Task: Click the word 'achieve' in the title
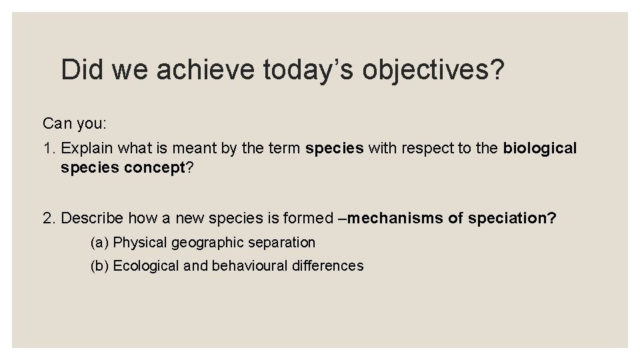(204, 69)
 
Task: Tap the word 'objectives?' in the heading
(433, 69)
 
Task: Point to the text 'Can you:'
(70, 123)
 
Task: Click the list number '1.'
(49, 149)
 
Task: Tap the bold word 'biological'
(540, 149)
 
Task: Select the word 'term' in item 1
(285, 149)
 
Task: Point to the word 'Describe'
(92, 218)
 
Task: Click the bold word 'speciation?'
(512, 218)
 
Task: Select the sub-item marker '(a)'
(100, 243)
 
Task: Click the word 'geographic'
(201, 243)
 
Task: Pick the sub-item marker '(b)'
(100, 266)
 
